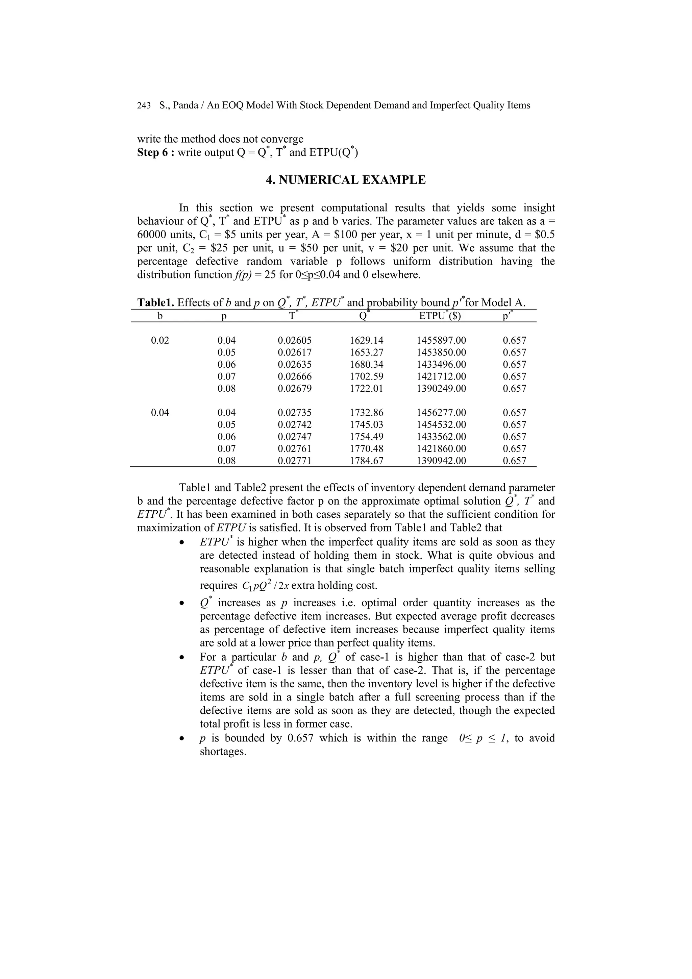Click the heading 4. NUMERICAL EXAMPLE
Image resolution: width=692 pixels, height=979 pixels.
point(345,180)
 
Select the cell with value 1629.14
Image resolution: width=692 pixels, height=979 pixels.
point(366,341)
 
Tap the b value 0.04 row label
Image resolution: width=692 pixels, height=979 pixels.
point(160,413)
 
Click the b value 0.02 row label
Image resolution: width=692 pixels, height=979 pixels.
point(160,341)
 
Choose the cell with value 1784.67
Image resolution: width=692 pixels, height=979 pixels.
point(366,461)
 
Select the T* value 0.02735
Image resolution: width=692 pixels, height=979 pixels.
point(294,413)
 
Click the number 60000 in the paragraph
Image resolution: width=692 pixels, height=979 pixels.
point(152,235)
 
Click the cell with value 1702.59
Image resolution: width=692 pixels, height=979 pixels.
point(366,377)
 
